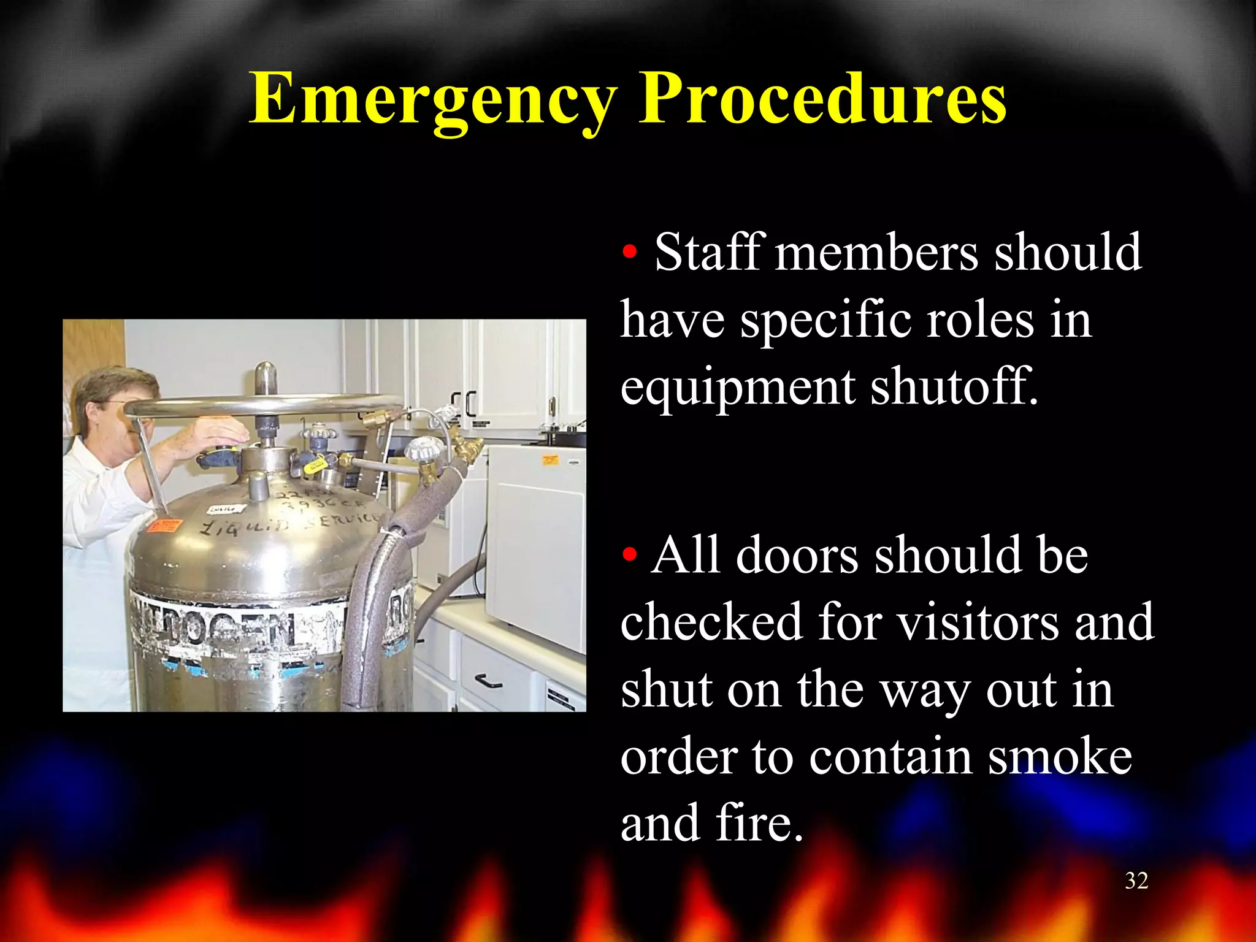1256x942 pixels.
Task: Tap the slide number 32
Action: click(x=1136, y=881)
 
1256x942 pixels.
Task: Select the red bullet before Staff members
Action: click(x=629, y=252)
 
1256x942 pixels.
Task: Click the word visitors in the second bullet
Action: click(x=978, y=622)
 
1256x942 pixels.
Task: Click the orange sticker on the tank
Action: click(x=164, y=526)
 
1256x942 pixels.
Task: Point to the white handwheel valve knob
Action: click(x=421, y=451)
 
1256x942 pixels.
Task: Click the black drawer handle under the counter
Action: click(x=489, y=680)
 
